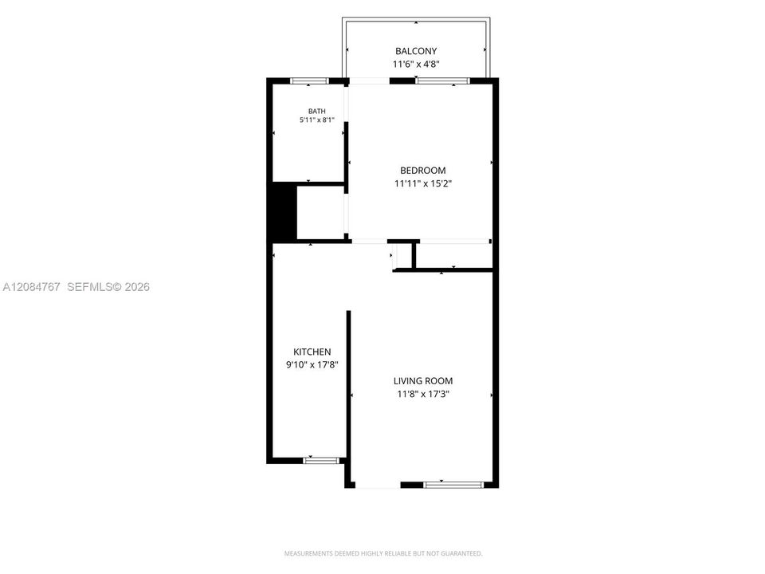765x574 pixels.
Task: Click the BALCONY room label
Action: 416,51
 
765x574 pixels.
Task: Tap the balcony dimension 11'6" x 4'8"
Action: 416,64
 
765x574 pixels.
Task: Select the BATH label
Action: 316,112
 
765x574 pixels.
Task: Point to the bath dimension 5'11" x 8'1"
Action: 316,120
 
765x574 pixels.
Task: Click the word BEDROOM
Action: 423,171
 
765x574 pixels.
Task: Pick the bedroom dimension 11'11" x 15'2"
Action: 423,183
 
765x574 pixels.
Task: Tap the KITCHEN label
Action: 312,352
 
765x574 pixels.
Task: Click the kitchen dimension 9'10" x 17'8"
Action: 312,364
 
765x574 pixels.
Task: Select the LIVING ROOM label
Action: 423,381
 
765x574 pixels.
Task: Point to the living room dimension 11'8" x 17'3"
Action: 423,394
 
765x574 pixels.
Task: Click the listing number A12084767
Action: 31,287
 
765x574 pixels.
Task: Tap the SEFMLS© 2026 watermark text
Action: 108,287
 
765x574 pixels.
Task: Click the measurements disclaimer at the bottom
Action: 383,553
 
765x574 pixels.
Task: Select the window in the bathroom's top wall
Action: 309,81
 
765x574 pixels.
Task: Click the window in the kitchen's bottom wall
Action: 321,460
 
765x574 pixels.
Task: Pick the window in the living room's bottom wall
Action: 453,485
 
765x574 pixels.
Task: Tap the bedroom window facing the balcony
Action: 442,81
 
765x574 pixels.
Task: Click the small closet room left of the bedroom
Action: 320,213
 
